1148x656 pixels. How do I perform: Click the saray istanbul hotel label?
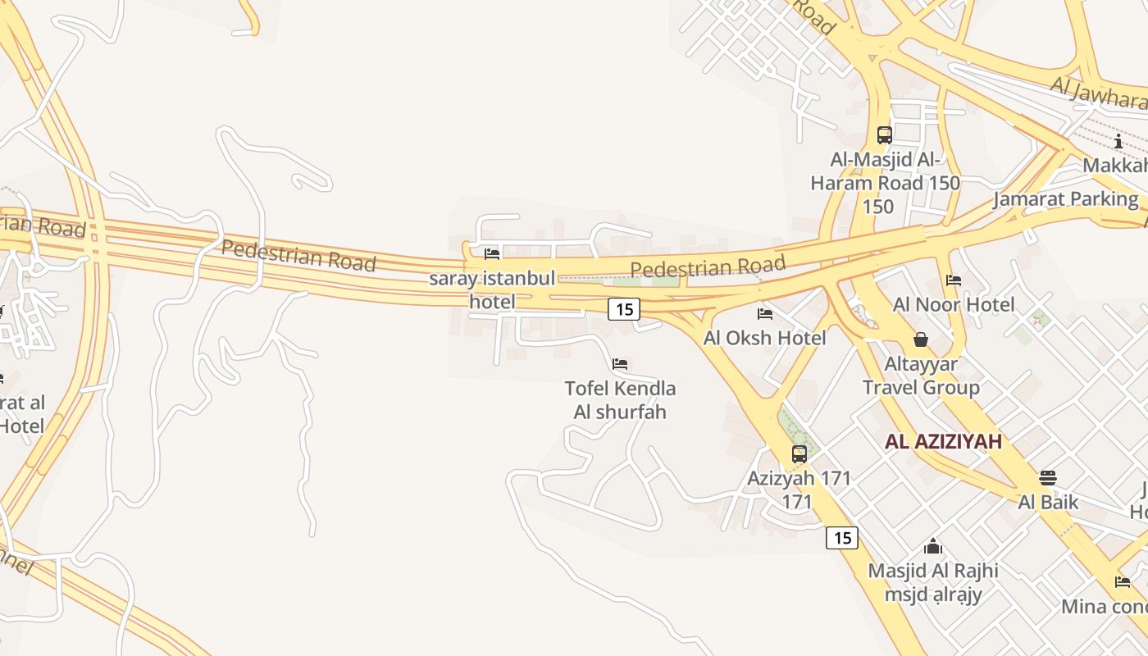click(x=492, y=289)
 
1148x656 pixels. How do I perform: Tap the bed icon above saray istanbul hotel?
click(x=492, y=254)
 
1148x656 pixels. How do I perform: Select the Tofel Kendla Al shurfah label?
click(x=620, y=399)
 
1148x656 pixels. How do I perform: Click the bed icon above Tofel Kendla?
click(x=620, y=363)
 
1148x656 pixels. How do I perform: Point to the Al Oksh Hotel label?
click(x=764, y=338)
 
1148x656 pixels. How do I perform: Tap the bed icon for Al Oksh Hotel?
click(x=765, y=313)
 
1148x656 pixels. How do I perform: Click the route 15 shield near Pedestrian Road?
click(x=623, y=309)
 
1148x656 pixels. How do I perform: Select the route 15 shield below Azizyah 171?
click(x=841, y=538)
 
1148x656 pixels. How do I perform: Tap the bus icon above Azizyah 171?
click(x=799, y=453)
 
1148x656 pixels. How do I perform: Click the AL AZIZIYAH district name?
click(x=943, y=442)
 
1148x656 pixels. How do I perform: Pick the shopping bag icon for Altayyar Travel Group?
click(x=920, y=339)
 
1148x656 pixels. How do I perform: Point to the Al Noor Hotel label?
click(x=954, y=305)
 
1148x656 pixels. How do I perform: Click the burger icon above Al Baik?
click(x=1048, y=477)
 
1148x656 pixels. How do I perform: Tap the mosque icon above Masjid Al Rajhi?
click(x=933, y=546)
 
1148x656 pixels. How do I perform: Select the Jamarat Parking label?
click(x=1065, y=199)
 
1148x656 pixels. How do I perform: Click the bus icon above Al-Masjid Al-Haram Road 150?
click(x=884, y=134)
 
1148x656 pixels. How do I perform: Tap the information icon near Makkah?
click(x=1118, y=141)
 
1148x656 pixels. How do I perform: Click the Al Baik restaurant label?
click(x=1048, y=502)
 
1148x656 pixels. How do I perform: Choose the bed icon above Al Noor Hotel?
click(x=953, y=280)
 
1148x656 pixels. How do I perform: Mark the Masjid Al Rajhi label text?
click(x=933, y=571)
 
